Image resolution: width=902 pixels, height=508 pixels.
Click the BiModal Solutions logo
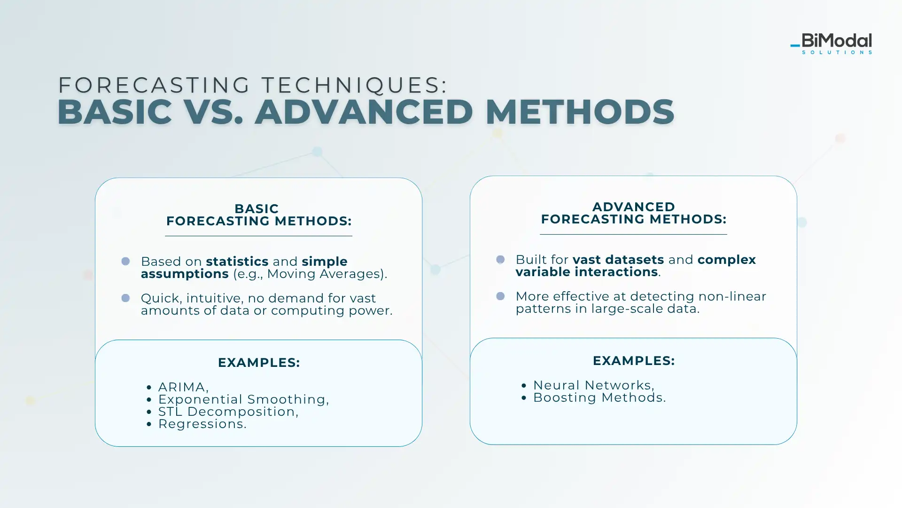[x=831, y=44]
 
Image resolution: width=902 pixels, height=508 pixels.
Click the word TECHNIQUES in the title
[x=354, y=85]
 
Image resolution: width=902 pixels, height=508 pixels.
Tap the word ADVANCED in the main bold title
[x=364, y=112]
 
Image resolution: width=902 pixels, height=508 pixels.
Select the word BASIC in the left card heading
[x=257, y=208]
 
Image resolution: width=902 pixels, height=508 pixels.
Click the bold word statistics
[x=237, y=262]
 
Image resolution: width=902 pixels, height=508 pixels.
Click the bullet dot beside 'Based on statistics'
[x=125, y=261]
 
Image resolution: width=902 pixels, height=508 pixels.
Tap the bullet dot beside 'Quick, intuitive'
[x=125, y=298]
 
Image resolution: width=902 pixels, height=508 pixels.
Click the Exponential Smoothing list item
[x=243, y=399]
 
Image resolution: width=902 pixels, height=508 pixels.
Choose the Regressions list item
[x=202, y=424]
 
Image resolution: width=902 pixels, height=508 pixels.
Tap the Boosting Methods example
[x=599, y=397]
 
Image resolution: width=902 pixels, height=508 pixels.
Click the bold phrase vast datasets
[x=618, y=260]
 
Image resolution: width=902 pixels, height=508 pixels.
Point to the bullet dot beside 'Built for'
[x=500, y=259]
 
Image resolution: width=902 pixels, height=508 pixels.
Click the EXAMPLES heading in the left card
[x=259, y=363]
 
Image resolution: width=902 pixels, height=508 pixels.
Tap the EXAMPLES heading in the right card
[x=634, y=361]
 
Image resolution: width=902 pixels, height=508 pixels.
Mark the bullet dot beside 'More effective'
[x=500, y=296]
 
